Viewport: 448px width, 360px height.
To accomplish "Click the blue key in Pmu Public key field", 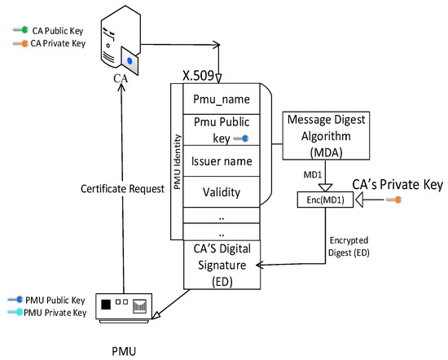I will pyautogui.click(x=240, y=139).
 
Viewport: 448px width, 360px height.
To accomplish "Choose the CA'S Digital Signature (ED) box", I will pyautogui.click(x=221, y=265).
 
